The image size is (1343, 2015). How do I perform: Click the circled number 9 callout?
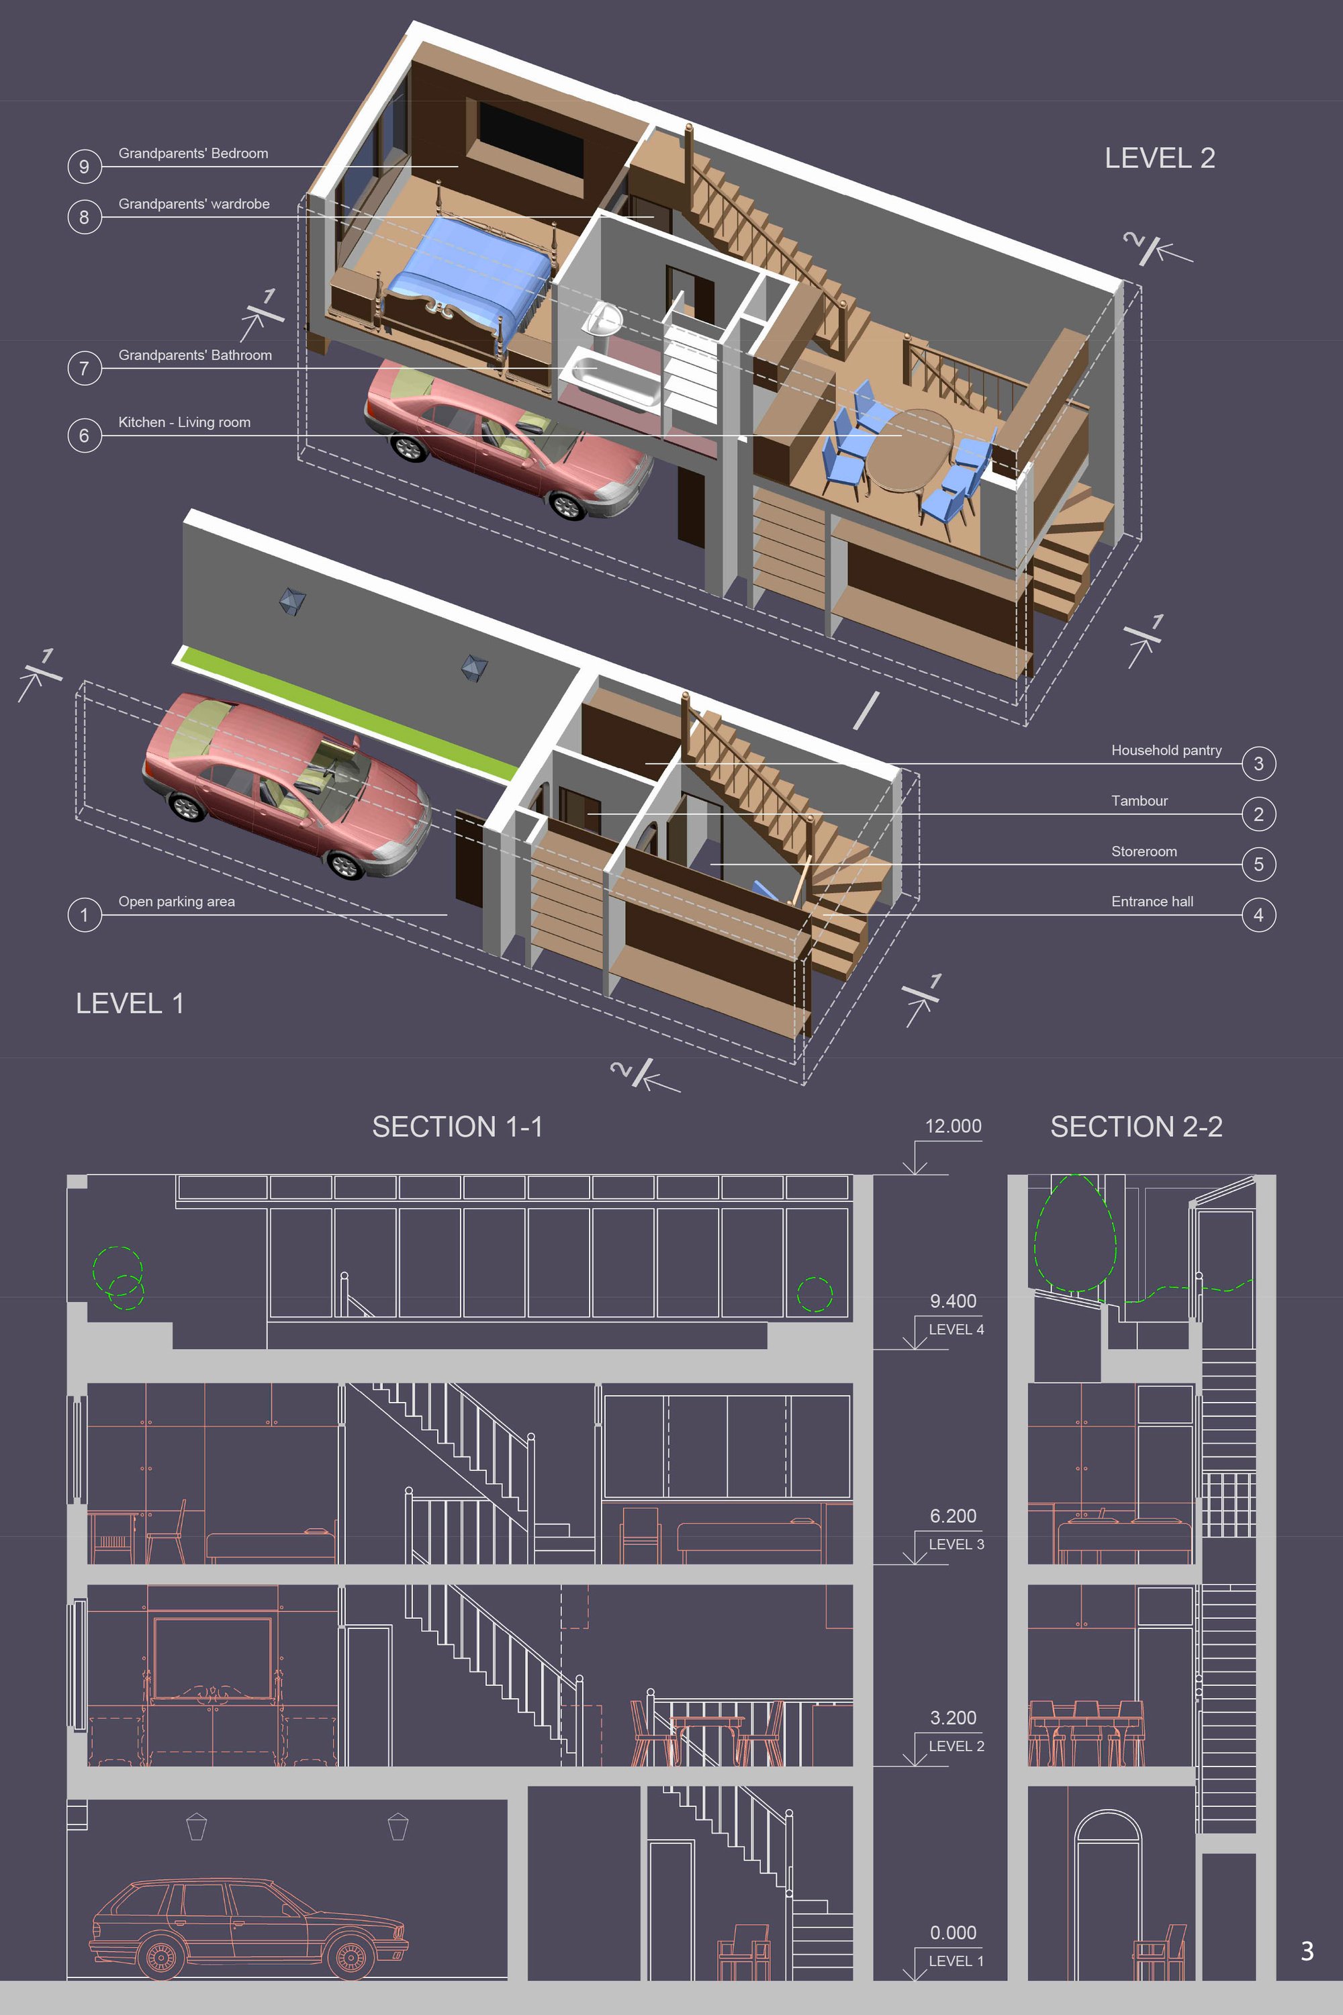[84, 166]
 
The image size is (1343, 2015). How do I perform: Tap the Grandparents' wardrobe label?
[193, 204]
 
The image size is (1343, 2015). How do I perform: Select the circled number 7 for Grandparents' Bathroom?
[84, 368]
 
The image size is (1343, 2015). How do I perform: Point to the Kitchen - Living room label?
[184, 422]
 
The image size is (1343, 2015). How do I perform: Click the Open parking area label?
[177, 901]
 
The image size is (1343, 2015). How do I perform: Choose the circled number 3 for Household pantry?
[1258, 764]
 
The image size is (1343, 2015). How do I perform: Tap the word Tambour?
[1139, 800]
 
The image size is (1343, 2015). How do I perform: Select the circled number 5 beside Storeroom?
[1258, 864]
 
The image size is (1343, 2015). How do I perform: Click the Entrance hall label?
[1152, 901]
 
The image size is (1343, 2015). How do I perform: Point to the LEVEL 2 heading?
[1160, 158]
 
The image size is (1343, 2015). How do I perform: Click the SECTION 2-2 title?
[1137, 1126]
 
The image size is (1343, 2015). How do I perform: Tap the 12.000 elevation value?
[954, 1126]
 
